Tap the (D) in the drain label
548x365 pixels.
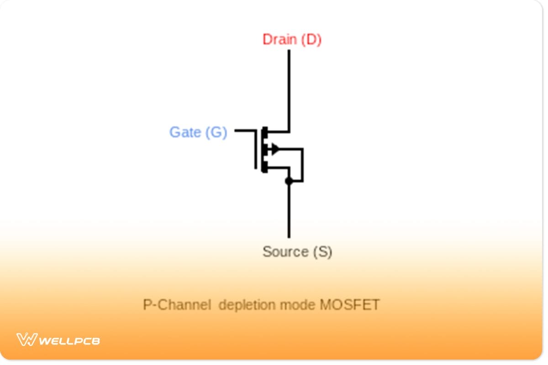click(312, 40)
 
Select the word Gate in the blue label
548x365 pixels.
click(185, 132)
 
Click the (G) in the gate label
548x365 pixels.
click(216, 132)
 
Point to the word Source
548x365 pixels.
click(285, 251)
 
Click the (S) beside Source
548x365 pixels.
click(322, 251)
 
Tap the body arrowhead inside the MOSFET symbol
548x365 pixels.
click(274, 148)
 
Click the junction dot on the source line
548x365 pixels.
click(289, 181)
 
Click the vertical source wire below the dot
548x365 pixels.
click(289, 210)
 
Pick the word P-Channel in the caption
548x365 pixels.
click(177, 304)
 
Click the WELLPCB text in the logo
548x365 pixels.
click(69, 340)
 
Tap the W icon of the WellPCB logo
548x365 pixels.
click(26, 339)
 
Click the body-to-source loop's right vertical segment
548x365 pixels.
click(302, 164)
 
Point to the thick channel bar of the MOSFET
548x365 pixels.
click(264, 150)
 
